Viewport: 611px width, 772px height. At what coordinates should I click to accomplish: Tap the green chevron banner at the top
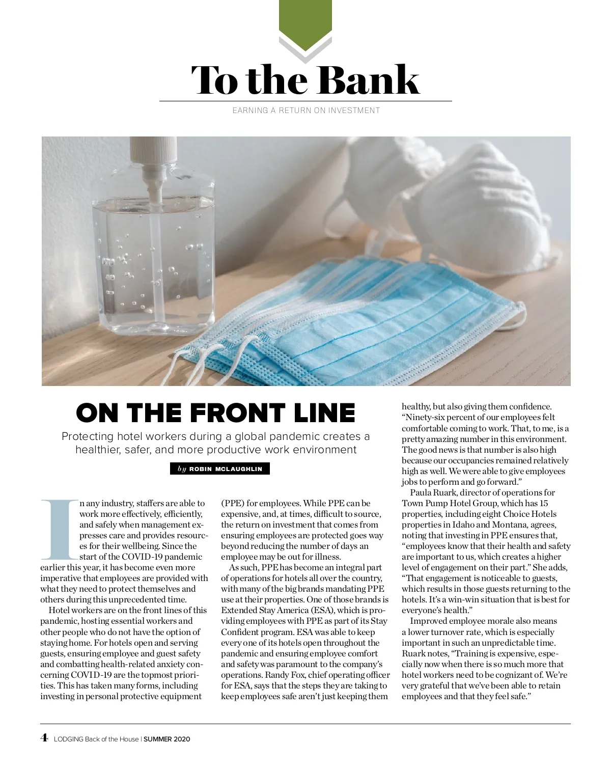point(305,23)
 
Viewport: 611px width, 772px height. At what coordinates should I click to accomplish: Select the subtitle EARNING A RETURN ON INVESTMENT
point(306,110)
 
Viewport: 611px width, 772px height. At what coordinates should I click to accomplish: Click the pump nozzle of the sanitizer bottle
point(152,153)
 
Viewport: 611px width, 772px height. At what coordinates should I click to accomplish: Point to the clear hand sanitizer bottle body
point(153,265)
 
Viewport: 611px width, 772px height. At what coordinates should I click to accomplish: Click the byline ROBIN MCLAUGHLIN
point(226,469)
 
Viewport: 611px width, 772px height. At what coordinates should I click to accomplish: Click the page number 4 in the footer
point(44,737)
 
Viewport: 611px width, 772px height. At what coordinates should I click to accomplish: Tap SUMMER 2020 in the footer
point(166,739)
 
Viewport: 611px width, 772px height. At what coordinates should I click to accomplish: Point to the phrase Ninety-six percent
point(439,418)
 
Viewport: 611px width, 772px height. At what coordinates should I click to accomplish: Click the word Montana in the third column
point(529,525)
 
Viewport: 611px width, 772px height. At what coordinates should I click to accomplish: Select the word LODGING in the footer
point(68,739)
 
